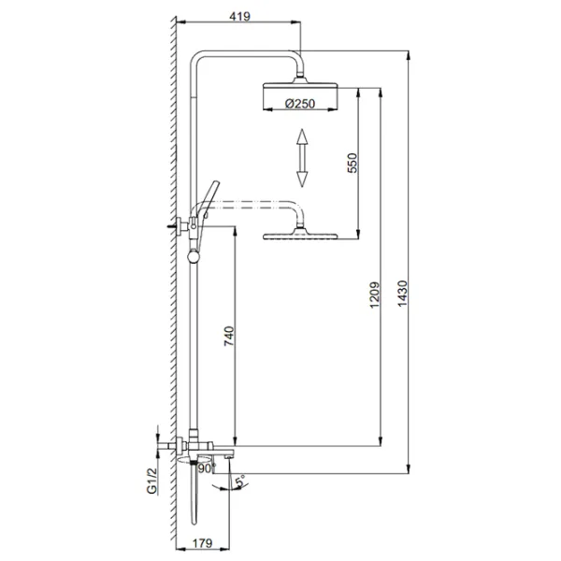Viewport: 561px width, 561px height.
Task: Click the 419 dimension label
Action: (239, 17)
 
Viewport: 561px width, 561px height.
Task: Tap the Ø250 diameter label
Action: (300, 104)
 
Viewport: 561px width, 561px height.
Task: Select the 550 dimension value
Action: (352, 163)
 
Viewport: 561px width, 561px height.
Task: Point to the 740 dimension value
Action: (229, 336)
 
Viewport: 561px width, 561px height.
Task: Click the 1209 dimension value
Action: (374, 295)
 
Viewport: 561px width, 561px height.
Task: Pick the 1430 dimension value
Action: (403, 294)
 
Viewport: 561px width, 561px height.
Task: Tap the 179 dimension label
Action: (203, 543)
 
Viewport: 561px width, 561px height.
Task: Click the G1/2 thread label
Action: (152, 482)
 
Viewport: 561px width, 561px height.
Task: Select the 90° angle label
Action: (208, 468)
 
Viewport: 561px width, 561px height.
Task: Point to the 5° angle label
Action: (240, 481)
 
